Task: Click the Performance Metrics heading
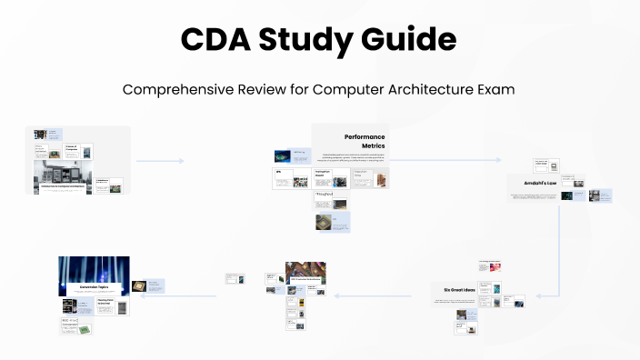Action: [x=364, y=141]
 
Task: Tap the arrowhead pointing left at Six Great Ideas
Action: [x=537, y=295]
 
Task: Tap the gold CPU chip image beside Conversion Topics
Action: [x=140, y=285]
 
